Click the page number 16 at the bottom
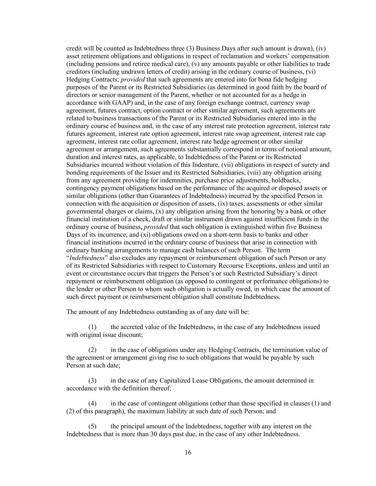coord(188,453)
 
